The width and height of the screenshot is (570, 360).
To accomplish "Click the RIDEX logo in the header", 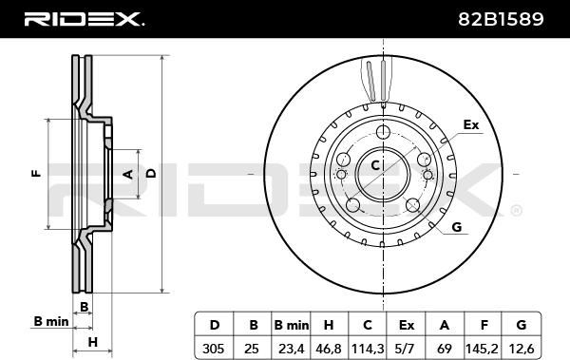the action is tap(85, 19).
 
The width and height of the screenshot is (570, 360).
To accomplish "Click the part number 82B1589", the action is tap(501, 19).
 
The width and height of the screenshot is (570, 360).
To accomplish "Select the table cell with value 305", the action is tap(213, 349).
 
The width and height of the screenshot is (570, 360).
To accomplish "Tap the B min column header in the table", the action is tap(292, 325).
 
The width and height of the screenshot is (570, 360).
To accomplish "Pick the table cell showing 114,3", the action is tap(368, 349).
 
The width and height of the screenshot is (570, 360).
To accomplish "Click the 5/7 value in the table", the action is tap(405, 349).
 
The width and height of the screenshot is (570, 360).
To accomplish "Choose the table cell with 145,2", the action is tap(482, 349).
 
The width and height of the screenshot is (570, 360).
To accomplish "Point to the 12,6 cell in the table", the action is tap(522, 349).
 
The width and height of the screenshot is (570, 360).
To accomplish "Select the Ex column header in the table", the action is tap(406, 325).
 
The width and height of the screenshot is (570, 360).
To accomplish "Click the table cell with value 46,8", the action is tap(329, 349).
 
